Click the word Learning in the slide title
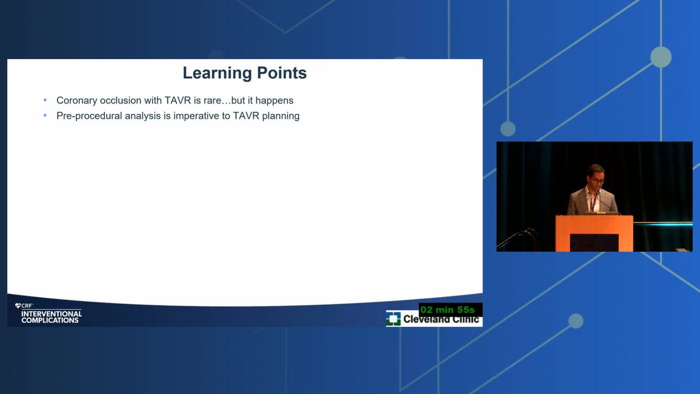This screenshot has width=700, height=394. point(217,73)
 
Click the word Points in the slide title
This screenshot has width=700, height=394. point(282,73)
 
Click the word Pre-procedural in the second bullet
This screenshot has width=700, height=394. point(89,116)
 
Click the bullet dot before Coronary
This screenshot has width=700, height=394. point(45,100)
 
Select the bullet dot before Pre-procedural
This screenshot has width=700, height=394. point(45,115)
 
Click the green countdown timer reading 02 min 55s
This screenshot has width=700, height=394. point(447,310)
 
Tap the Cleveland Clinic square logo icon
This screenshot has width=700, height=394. point(393,318)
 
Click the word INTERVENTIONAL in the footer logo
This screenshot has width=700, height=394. point(51,314)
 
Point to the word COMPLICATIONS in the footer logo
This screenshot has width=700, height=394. point(50,321)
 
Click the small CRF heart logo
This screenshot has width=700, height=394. point(18,306)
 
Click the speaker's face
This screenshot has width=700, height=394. point(596,177)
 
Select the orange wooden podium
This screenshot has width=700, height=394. point(594,233)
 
